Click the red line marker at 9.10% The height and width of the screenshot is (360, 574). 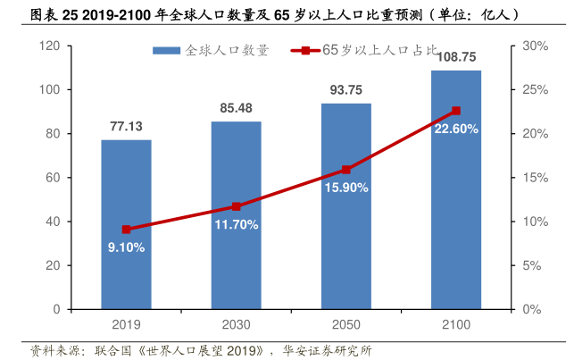tap(126, 230)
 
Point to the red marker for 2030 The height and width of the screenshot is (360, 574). tap(236, 206)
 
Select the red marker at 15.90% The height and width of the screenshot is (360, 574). tap(345, 170)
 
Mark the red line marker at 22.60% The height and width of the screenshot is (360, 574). tap(456, 111)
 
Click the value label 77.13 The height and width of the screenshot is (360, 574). tap(126, 127)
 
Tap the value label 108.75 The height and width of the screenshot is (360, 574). tap(457, 56)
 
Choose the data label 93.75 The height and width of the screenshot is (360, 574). tap(345, 90)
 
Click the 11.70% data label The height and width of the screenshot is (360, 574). tap(236, 224)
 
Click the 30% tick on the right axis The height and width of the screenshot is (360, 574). tap(533, 46)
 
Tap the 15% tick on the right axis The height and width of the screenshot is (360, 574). tap(533, 178)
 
